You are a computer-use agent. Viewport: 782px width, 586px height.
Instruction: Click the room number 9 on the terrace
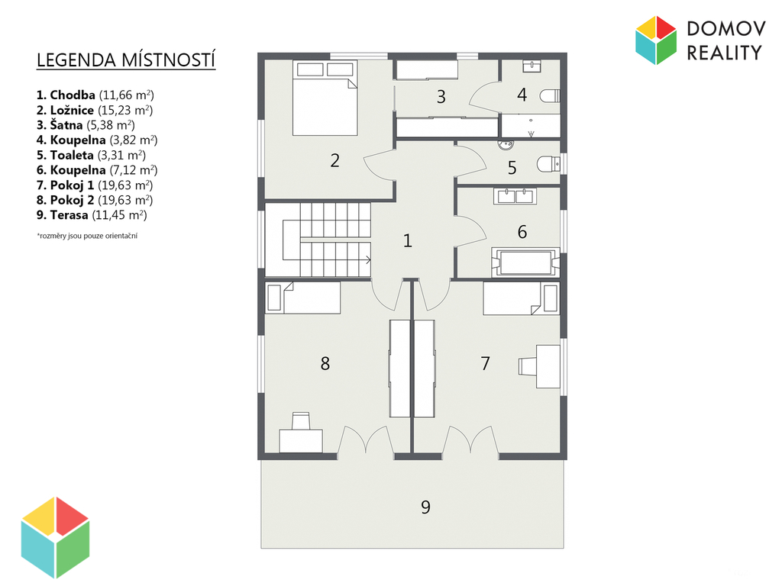click(x=425, y=507)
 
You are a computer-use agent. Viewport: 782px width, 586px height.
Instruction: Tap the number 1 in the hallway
click(x=408, y=240)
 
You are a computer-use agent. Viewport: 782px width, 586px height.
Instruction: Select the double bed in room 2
click(x=325, y=98)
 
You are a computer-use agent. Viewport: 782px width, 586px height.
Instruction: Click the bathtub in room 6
click(x=525, y=262)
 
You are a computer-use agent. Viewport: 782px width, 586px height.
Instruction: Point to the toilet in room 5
click(x=548, y=163)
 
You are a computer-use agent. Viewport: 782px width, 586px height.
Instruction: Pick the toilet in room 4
click(x=551, y=95)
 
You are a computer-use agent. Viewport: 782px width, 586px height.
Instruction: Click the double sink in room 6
click(x=515, y=196)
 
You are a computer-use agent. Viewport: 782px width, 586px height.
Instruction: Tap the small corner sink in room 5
click(x=506, y=145)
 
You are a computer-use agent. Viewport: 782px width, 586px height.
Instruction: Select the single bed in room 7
click(x=521, y=298)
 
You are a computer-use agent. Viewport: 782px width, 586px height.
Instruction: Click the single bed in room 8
click(x=302, y=298)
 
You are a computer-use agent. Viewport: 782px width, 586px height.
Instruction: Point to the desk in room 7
click(x=548, y=367)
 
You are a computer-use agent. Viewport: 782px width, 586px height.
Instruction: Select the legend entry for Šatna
click(x=86, y=125)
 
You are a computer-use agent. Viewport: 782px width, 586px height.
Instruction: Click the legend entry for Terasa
click(x=92, y=214)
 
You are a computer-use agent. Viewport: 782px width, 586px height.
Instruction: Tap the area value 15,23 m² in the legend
click(x=125, y=110)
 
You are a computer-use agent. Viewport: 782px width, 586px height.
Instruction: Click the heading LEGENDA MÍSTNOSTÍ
click(x=126, y=60)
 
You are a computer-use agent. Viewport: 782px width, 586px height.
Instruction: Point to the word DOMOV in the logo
click(x=725, y=29)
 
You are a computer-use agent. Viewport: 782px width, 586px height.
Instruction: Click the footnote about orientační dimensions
click(x=87, y=236)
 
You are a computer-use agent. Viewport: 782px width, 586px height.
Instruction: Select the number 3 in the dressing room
click(x=441, y=97)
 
